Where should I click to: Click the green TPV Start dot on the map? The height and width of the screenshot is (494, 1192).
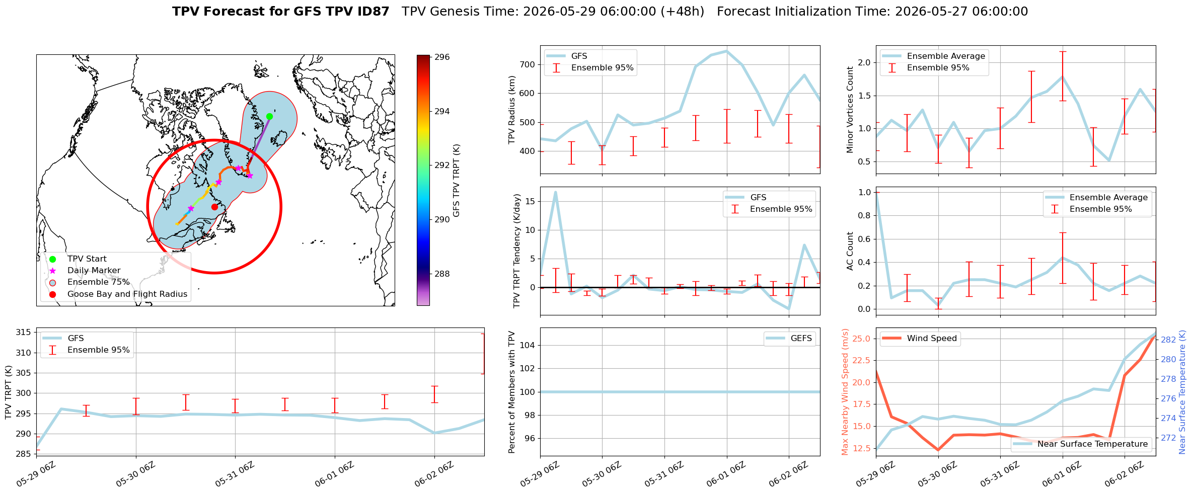coord(269,116)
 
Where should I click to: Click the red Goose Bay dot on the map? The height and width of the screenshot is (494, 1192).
coord(214,207)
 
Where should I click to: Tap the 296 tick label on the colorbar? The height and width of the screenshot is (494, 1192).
coord(442,57)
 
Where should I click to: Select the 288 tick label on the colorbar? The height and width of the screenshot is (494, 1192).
coord(442,274)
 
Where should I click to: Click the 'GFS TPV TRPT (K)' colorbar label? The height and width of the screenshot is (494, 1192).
coord(457,181)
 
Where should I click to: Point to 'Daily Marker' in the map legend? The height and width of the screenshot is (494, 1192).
coord(94,270)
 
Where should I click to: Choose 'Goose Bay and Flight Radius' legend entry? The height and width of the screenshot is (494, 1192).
coord(127,294)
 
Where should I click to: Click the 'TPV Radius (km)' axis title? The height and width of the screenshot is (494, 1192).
coord(512,110)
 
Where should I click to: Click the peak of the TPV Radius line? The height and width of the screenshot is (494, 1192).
coord(726,51)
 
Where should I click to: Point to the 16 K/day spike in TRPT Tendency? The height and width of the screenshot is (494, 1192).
coord(555,192)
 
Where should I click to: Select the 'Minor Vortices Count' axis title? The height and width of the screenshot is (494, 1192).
coord(850,110)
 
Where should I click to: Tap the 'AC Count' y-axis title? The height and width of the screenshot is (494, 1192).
coord(850,251)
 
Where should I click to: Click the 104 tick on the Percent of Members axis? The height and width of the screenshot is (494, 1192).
coord(528,345)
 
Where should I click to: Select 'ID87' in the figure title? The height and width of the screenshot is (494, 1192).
coord(372,12)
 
